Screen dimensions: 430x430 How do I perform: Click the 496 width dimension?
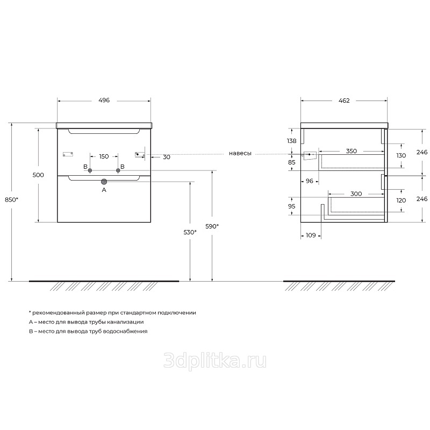click(x=104, y=101)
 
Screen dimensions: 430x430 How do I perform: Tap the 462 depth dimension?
click(x=344, y=101)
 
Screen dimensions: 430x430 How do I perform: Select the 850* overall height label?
click(x=11, y=200)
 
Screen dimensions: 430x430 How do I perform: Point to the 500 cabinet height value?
click(x=38, y=175)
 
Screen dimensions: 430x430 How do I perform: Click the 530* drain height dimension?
click(x=190, y=232)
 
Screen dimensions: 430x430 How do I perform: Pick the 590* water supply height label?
click(x=212, y=226)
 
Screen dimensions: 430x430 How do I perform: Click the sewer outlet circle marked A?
click(x=104, y=182)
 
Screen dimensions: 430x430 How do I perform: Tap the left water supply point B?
click(x=90, y=170)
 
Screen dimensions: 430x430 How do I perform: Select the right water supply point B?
click(x=118, y=170)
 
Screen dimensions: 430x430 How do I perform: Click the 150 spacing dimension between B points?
click(x=104, y=156)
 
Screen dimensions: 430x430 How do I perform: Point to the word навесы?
click(x=240, y=154)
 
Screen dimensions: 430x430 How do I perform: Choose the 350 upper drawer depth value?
click(x=352, y=151)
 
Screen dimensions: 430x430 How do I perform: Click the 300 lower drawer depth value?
click(x=356, y=194)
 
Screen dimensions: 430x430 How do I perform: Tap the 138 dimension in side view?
click(x=292, y=141)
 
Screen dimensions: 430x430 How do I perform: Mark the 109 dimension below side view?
click(x=311, y=235)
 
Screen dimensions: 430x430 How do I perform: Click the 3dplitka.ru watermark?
click(x=215, y=360)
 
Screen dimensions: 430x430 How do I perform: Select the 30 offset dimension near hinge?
click(x=167, y=157)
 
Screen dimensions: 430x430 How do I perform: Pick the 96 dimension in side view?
click(x=310, y=181)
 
